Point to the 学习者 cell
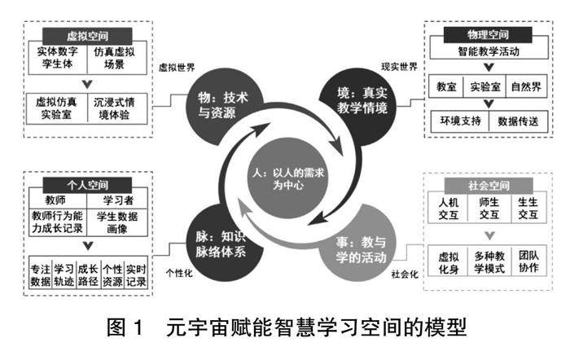117,200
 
